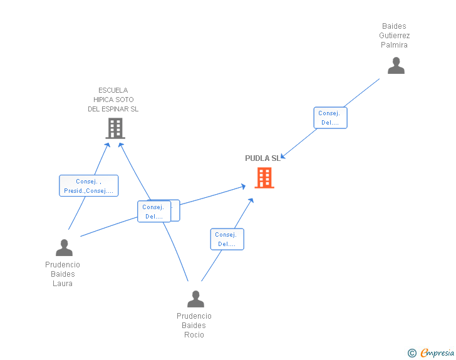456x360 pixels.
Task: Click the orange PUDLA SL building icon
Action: coord(264,178)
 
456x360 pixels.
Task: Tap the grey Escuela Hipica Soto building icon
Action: coord(115,128)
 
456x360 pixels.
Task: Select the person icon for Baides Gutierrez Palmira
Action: coord(396,66)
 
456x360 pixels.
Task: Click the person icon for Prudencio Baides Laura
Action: coord(64,247)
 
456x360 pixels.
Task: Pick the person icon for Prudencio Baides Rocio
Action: coord(195,299)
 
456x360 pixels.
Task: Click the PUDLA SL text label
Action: coord(262,158)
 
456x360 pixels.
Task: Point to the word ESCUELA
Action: coord(113,90)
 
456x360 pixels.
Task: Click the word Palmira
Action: coord(394,45)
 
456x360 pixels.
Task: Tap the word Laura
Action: coord(63,283)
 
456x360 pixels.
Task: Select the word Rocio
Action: coord(194,335)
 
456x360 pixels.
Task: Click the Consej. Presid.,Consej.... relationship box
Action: coord(89,186)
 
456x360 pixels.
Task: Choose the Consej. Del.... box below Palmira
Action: coord(330,118)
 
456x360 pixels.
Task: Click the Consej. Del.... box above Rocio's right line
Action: coord(227,239)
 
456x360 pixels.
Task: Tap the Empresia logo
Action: coord(437,352)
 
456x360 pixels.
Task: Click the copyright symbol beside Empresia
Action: coord(412,353)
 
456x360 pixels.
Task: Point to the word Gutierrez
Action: coord(395,36)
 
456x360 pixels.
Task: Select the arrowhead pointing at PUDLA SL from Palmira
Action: coord(282,157)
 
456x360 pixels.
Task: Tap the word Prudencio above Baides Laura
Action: coord(63,265)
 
